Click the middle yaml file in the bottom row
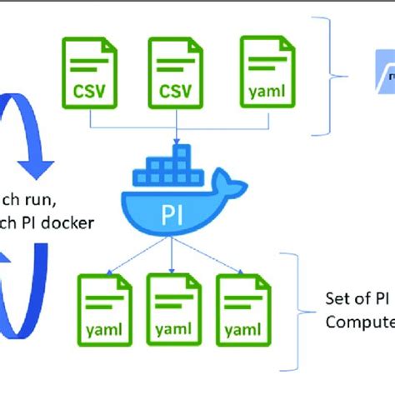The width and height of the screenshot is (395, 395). tap(174, 309)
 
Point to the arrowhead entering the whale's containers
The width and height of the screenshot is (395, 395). tap(176, 142)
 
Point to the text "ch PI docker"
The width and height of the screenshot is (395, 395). tap(47, 222)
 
